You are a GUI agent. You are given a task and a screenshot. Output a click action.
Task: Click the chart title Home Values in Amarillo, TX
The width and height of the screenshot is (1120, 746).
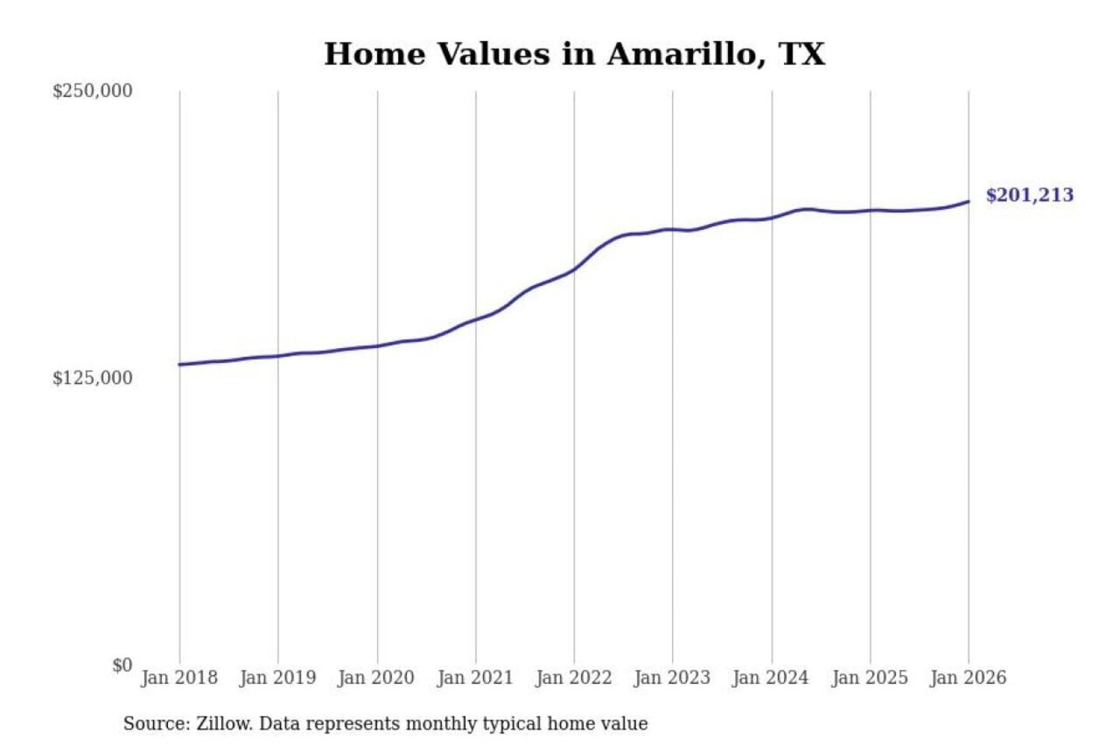coord(574,54)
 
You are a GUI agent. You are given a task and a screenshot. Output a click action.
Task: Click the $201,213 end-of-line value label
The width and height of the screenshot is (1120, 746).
coord(1029,195)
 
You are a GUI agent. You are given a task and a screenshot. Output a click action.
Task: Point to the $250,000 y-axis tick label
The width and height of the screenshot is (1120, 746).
coord(93,91)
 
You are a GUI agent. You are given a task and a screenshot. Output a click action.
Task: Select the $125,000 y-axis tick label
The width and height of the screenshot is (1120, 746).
coord(93,378)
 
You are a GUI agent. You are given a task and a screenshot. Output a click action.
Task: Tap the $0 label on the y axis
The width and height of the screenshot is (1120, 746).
coord(122,665)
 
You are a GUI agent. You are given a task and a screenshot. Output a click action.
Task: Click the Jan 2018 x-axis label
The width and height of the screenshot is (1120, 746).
coord(179,678)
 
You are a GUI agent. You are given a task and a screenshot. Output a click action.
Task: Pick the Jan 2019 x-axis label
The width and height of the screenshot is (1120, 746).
coord(278,678)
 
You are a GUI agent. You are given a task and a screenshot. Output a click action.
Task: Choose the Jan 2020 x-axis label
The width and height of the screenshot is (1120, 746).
coord(376,678)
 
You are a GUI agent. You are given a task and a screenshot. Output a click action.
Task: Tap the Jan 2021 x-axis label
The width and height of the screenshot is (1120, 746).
coord(475,678)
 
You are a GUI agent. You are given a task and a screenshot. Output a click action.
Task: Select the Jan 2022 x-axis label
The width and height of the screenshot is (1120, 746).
coord(574,678)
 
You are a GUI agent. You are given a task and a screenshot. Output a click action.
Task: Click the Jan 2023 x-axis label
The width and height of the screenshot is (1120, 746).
coord(673,678)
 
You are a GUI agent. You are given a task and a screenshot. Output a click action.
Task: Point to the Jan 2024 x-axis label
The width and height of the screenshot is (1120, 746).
coord(771,678)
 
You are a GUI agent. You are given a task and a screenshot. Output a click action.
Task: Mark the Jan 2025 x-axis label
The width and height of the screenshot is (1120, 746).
coord(870,678)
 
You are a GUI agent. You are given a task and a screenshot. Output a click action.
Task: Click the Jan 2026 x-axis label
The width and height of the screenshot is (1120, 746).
coord(968,678)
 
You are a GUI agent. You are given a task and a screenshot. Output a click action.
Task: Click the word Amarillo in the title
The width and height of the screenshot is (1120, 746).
coord(681,54)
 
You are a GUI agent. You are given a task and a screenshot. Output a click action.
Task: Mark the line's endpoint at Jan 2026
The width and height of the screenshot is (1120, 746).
coord(968,202)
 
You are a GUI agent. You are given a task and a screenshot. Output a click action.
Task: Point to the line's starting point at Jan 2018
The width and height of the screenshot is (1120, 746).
coord(180,364)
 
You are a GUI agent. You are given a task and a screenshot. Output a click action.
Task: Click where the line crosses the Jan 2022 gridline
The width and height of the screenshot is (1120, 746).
coord(575,269)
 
